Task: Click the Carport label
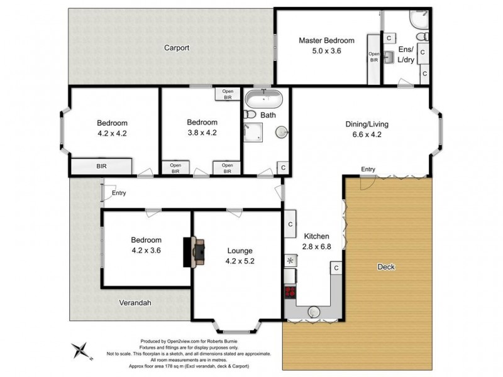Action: pyautogui.click(x=177, y=48)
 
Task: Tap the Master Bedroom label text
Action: pyautogui.click(x=326, y=41)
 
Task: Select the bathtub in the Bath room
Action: pyautogui.click(x=264, y=99)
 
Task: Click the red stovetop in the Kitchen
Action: pyautogui.click(x=290, y=292)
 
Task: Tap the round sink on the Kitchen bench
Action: pyautogui.click(x=313, y=310)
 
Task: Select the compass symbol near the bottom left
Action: pyautogui.click(x=80, y=350)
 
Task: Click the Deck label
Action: pyautogui.click(x=385, y=266)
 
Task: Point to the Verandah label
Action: pyautogui.click(x=135, y=302)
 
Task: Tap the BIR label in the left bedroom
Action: pyautogui.click(x=101, y=167)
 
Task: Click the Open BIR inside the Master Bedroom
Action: pyautogui.click(x=374, y=57)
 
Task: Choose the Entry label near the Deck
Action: pyautogui.click(x=368, y=168)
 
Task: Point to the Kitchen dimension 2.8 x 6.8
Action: pyautogui.click(x=316, y=247)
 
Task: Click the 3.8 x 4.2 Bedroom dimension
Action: pyautogui.click(x=202, y=133)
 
